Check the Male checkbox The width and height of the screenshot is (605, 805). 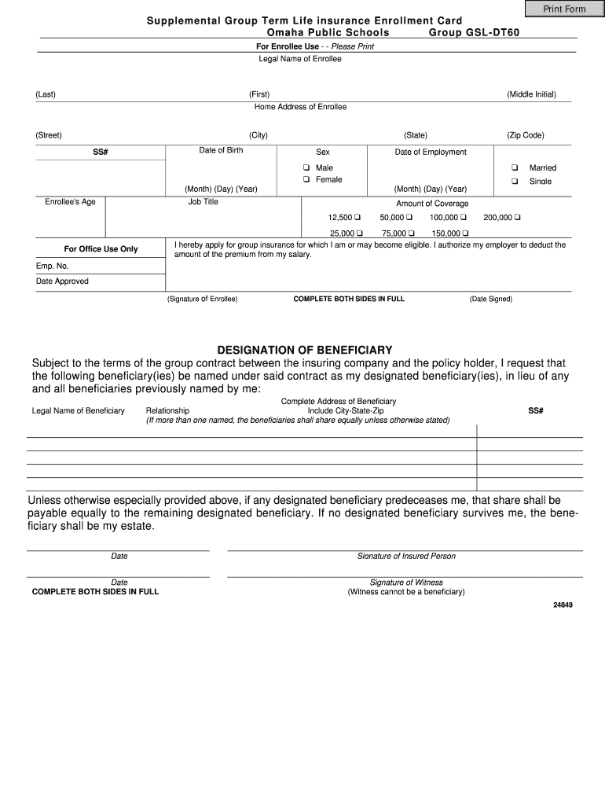pos(307,167)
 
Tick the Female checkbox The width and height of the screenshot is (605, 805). pos(307,179)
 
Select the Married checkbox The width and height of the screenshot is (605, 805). pos(514,167)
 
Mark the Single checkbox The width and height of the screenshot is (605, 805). pos(514,181)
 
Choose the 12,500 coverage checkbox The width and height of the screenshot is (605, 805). pos(357,217)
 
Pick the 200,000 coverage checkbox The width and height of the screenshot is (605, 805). pos(518,217)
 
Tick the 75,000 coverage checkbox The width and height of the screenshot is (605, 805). pos(412,233)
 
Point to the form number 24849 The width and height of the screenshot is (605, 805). pos(563,605)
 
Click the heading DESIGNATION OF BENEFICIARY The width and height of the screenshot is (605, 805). pos(304,350)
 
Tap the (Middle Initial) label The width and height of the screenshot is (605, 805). pos(531,94)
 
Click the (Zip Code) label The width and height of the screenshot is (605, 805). pos(526,135)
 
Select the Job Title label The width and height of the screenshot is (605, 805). pos(203,202)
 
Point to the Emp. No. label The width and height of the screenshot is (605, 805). pos(53,266)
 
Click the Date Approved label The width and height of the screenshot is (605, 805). pos(62,281)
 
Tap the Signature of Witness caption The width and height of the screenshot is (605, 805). pos(406,583)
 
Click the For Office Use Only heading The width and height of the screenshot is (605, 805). pos(101,249)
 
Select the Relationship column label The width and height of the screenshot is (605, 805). pos(167,410)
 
